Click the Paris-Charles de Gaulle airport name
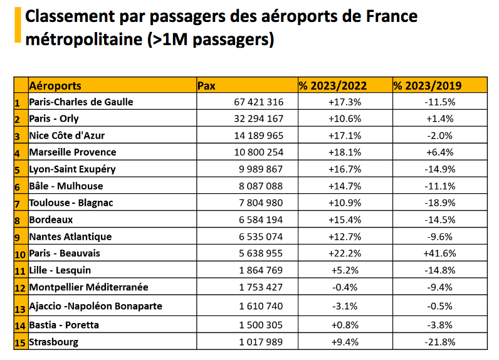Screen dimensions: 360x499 click(81, 102)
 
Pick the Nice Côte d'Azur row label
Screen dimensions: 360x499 click(72, 135)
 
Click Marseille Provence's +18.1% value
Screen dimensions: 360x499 click(344, 152)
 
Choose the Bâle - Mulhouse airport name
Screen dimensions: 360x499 click(66, 186)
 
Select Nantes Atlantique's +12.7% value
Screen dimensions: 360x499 click(344, 237)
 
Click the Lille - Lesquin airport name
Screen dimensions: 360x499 click(60, 270)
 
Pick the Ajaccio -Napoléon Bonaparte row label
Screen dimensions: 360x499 click(95, 306)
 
